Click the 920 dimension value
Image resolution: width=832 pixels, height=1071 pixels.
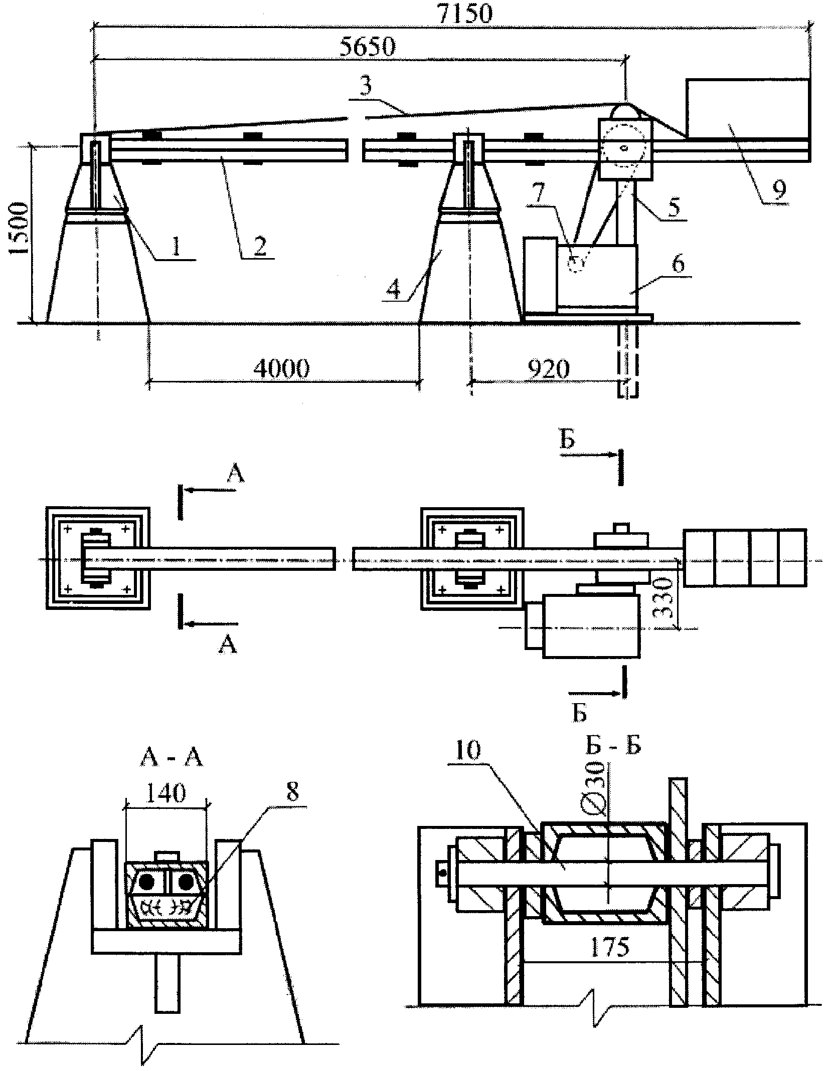pyautogui.click(x=549, y=368)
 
